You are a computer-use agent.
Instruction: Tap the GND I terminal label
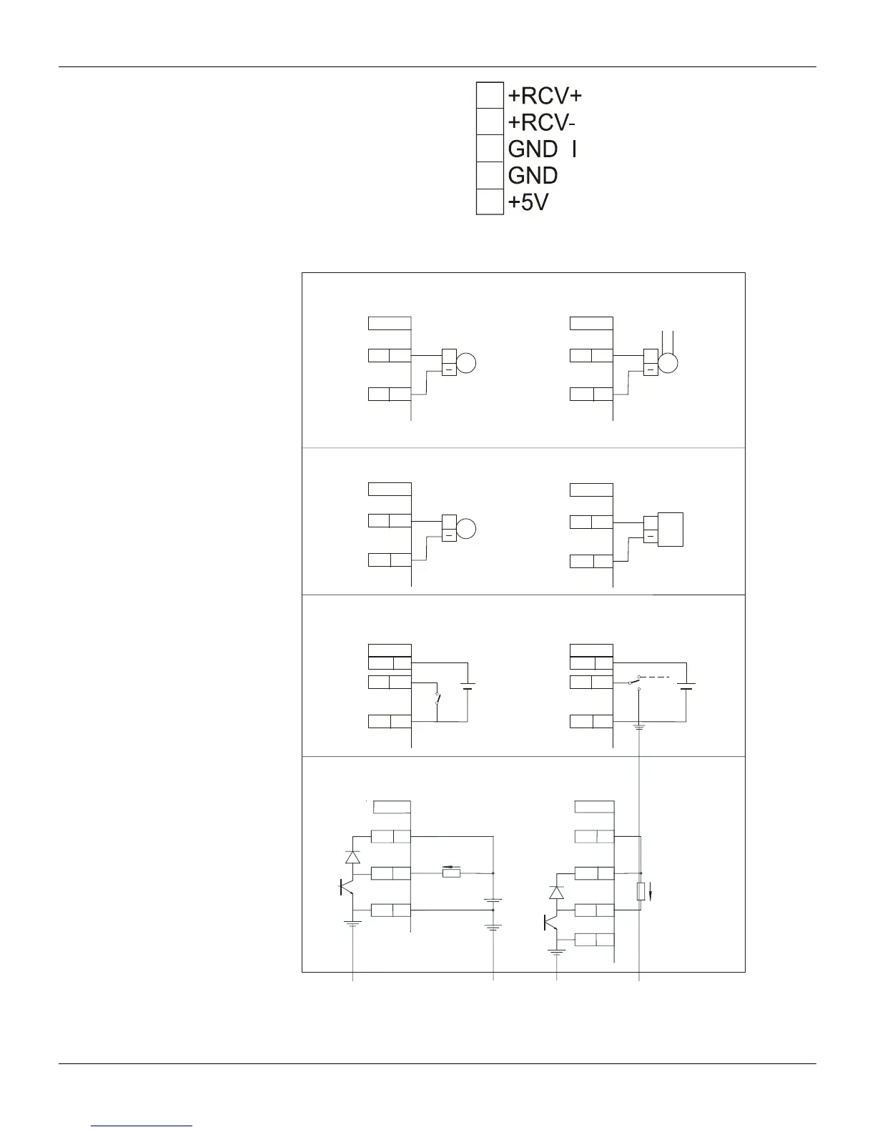pyautogui.click(x=543, y=149)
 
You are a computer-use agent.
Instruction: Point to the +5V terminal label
pyautogui.click(x=528, y=203)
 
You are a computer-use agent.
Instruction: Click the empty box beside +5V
pyautogui.click(x=490, y=202)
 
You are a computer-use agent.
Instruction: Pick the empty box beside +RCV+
pyautogui.click(x=490, y=95)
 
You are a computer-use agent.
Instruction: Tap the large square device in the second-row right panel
pyautogui.click(x=671, y=530)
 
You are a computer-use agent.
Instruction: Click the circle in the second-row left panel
pyautogui.click(x=466, y=530)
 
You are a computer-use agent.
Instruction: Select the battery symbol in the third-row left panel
pyautogui.click(x=468, y=687)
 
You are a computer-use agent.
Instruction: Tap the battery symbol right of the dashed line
pyautogui.click(x=686, y=687)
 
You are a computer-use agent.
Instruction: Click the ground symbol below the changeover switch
pyautogui.click(x=639, y=728)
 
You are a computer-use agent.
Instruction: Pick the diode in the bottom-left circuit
pyautogui.click(x=352, y=857)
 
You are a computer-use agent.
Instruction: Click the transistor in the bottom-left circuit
pyautogui.click(x=347, y=887)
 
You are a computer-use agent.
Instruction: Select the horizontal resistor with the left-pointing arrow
pyautogui.click(x=451, y=873)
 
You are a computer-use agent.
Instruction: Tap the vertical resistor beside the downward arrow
pyautogui.click(x=641, y=891)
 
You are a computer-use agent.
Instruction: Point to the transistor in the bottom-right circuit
pyautogui.click(x=551, y=923)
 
